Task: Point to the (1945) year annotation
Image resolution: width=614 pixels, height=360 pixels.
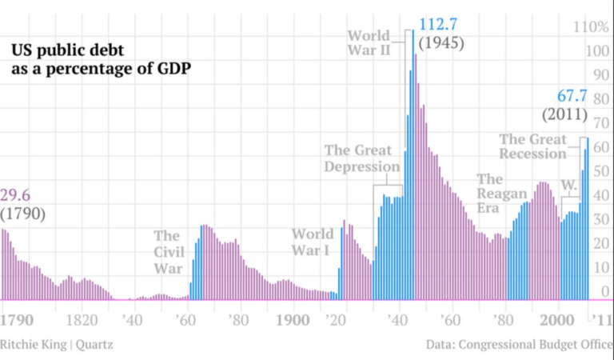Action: click(441, 42)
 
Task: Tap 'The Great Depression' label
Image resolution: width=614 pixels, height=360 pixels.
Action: click(361, 158)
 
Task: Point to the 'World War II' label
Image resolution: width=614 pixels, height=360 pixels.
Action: click(369, 44)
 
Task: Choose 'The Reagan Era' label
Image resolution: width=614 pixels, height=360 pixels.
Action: click(497, 194)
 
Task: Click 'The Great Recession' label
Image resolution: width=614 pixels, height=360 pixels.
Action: click(533, 146)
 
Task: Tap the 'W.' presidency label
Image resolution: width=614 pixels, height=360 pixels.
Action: click(568, 186)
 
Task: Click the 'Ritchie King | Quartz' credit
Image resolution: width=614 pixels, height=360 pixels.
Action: click(56, 345)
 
